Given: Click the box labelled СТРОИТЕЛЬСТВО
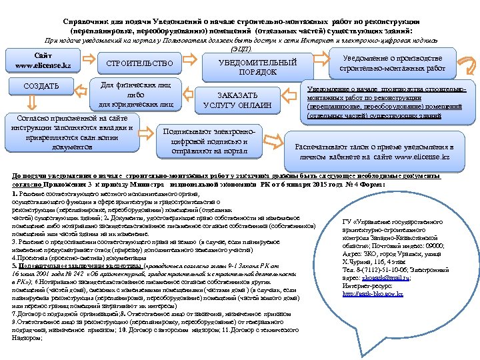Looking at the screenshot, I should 139,64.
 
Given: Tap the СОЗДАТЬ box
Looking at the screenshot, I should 41,86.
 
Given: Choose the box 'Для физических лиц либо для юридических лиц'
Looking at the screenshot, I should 135,95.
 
